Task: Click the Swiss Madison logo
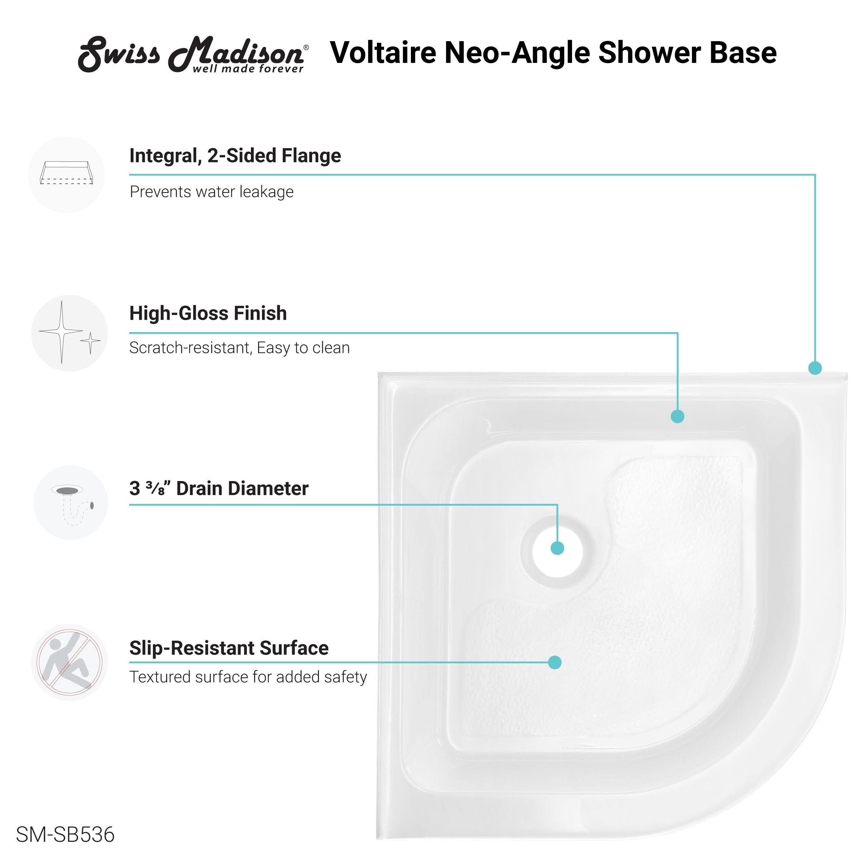[193, 54]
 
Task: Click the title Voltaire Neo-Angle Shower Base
[553, 53]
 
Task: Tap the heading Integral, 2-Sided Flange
[235, 156]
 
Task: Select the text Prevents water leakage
[212, 191]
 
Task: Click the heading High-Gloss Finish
[208, 313]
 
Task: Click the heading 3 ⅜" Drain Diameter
[219, 488]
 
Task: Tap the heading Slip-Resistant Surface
[229, 648]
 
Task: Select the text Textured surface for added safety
[248, 677]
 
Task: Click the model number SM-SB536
[65, 835]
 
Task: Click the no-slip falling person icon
[69, 663]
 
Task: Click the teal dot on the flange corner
[815, 368]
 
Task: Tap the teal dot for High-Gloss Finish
[678, 416]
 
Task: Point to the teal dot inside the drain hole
[558, 548]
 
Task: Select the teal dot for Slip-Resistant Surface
[554, 663]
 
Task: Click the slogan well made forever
[248, 69]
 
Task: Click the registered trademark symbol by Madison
[306, 47]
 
